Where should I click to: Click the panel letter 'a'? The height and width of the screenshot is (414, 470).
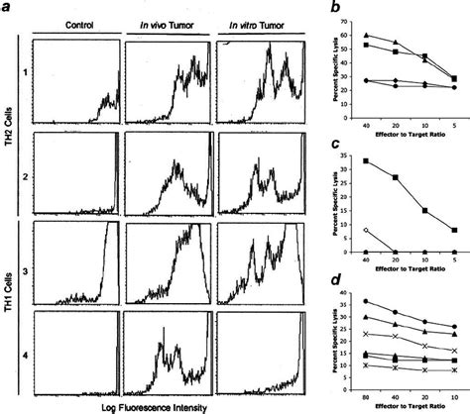coord(8,9)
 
